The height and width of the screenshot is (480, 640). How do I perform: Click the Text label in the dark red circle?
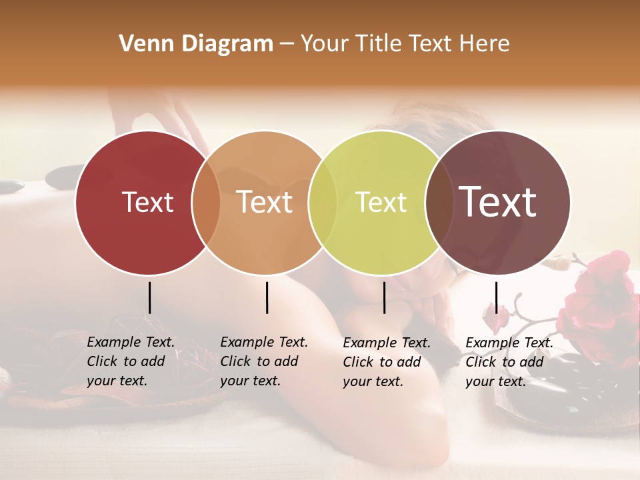click(147, 202)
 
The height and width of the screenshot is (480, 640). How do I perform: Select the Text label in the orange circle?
click(265, 202)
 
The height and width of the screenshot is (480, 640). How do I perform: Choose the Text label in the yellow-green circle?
click(381, 202)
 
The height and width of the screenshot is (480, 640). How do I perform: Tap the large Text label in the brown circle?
click(498, 202)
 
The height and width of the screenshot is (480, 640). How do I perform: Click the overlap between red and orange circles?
click(206, 203)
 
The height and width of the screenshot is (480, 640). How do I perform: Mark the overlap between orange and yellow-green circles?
click(323, 203)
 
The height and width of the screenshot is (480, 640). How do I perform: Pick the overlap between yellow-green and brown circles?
click(439, 203)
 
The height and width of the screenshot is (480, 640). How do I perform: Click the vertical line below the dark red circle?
click(149, 297)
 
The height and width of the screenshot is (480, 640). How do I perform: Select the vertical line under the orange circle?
click(267, 297)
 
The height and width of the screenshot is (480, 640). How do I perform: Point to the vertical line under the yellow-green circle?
click(384, 297)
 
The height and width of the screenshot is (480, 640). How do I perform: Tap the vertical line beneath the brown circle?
click(496, 297)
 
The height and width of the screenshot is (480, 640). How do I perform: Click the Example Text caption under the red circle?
click(131, 361)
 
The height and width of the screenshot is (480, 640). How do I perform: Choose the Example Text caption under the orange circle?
click(264, 361)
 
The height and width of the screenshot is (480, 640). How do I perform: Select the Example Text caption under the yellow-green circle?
click(387, 362)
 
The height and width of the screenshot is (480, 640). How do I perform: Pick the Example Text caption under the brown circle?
click(509, 362)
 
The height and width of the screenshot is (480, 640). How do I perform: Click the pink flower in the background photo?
click(600, 293)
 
